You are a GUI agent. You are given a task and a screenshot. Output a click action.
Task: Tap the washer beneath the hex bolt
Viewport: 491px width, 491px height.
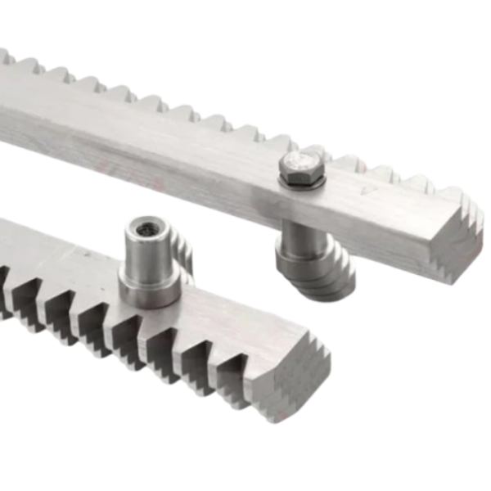301,182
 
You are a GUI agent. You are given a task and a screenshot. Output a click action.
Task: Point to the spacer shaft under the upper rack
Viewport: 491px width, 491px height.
300,237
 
